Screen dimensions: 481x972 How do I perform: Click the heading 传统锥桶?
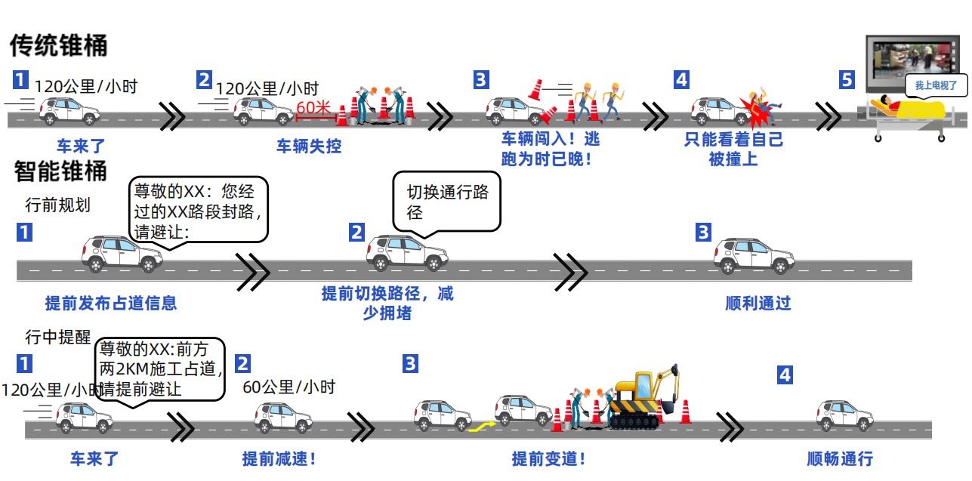(59, 46)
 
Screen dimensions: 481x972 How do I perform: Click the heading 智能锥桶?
(60, 171)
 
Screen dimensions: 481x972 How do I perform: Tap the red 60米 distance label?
(313, 107)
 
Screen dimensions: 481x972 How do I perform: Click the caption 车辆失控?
(308, 146)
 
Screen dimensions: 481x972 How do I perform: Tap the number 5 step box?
(847, 79)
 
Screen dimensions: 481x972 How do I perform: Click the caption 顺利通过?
(758, 304)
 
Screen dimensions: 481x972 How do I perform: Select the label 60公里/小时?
(289, 387)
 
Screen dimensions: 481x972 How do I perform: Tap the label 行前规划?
(57, 205)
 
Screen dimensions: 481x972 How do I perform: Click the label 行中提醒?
(57, 337)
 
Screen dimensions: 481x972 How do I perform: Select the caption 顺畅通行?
(840, 458)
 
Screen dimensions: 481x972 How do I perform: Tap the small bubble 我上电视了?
(936, 86)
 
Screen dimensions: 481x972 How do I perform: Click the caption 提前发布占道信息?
(111, 304)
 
